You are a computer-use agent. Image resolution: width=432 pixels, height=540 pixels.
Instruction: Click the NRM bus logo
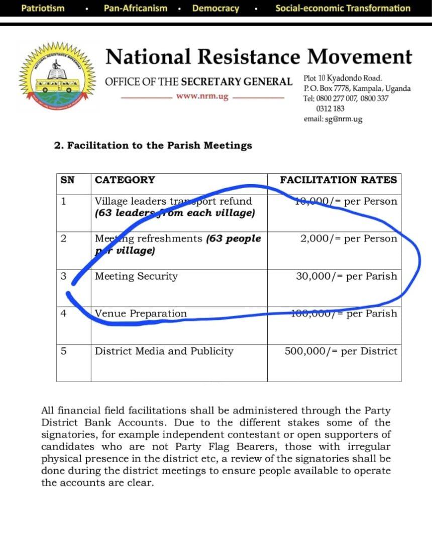point(55,76)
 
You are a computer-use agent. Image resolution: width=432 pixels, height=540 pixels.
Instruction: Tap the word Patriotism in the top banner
point(43,8)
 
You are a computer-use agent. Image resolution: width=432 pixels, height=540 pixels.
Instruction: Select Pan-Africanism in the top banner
point(135,8)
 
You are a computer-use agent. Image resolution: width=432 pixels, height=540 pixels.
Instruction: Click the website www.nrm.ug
point(202,97)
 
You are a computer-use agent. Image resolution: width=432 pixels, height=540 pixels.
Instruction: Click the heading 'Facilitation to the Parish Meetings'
point(153,145)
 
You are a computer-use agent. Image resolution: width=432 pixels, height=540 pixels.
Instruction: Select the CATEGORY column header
point(125,180)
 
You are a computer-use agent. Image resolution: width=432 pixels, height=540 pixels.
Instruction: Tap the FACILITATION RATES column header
point(338,180)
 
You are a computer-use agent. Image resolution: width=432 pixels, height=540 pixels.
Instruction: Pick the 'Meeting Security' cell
point(136,276)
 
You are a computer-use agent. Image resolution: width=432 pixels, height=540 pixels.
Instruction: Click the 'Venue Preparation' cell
point(141,313)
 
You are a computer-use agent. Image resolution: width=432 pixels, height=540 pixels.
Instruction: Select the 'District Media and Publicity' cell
point(164,351)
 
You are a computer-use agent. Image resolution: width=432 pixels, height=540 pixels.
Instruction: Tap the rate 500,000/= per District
point(341,351)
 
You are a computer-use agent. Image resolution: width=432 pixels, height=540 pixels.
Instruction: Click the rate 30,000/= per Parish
point(346,276)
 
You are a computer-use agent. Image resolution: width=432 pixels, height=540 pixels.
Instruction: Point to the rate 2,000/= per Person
point(348,238)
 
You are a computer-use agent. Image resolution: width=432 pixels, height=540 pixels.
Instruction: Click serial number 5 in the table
point(63,351)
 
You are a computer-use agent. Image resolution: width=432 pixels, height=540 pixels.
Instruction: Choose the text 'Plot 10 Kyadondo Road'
point(343,78)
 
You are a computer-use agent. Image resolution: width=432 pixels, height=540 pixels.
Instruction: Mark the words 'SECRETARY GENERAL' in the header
point(237,82)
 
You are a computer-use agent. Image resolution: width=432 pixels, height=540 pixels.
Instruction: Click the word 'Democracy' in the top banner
point(215,8)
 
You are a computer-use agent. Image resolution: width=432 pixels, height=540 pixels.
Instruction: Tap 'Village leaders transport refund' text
point(173,201)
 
